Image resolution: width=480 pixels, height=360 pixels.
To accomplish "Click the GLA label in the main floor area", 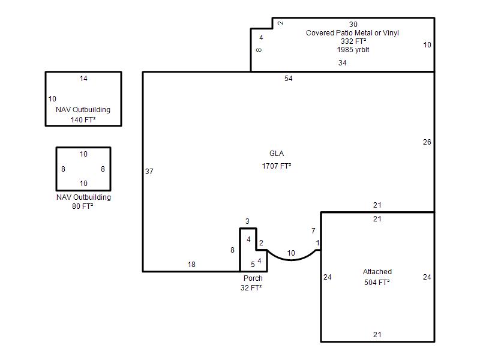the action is coord(277,154).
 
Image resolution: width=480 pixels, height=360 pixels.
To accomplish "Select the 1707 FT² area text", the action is coord(277,166).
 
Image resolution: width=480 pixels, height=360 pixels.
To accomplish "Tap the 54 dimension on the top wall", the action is coord(289,79).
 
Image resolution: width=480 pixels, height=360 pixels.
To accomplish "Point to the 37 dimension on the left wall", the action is coord(149,172).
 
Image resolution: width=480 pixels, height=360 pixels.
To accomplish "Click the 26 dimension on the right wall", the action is coord(427,142).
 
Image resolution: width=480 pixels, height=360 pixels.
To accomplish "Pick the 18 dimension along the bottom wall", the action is coord(191,265).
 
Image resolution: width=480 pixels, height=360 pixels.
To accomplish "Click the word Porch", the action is coord(253,278).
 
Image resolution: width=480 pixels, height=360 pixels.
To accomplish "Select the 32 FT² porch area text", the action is coord(251,288).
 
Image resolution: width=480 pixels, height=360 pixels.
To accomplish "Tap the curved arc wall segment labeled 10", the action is coord(292,260).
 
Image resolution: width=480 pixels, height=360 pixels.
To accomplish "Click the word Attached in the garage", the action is coord(377,272).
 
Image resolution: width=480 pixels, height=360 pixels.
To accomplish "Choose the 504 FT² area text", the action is coord(377,282).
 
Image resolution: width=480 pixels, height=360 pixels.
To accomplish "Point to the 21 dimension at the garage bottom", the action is coord(377,335).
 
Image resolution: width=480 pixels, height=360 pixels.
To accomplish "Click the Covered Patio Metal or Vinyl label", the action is coord(352,33).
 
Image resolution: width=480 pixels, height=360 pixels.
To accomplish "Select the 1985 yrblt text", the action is coord(353,50).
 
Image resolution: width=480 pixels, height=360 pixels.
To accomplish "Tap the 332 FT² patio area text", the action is coord(353,41).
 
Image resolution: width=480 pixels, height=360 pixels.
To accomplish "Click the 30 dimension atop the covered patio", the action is coord(353,25).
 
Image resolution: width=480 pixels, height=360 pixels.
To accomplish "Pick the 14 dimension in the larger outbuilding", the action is coord(83,79).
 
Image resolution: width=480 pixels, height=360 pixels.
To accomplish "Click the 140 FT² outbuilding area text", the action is coord(83,120).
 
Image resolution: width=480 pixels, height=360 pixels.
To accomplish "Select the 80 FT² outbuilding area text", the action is coord(83,206).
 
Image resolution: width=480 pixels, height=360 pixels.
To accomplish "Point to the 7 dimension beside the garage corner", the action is coord(313,231).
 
